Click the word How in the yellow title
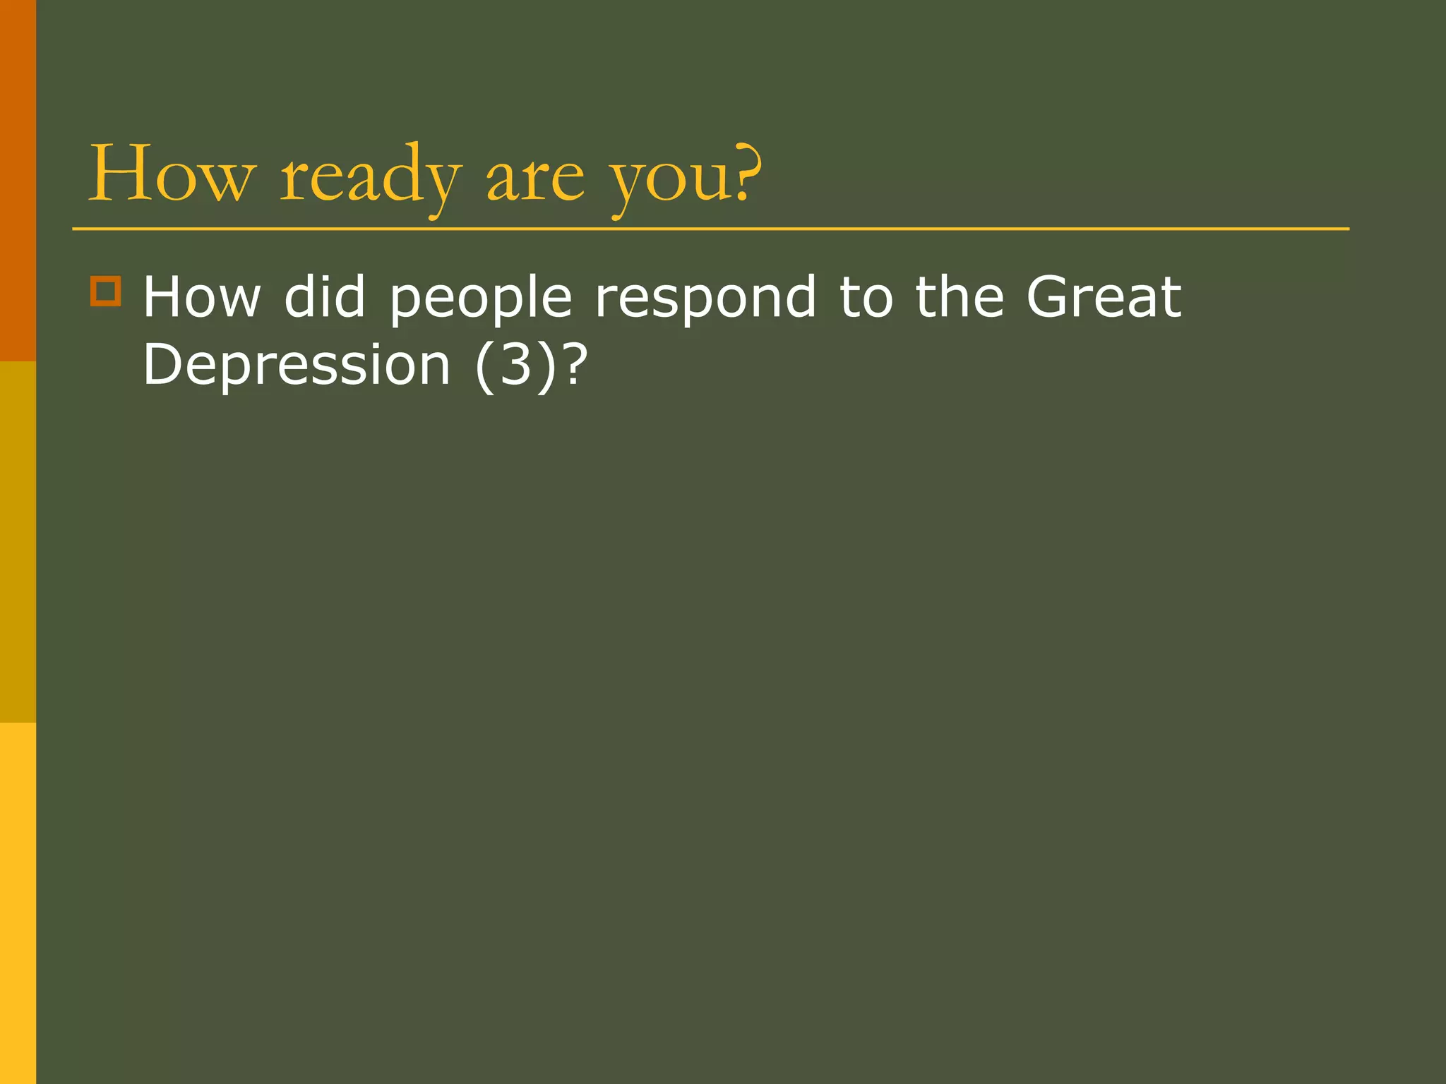(x=169, y=174)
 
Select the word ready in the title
(x=371, y=176)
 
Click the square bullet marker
(x=106, y=291)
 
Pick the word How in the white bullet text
(x=202, y=297)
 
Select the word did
(x=325, y=297)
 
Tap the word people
(x=481, y=300)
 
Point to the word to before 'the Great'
(x=866, y=297)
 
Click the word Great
(x=1104, y=297)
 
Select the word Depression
(x=297, y=366)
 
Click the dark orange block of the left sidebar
(x=18, y=181)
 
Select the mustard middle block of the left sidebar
(x=18, y=542)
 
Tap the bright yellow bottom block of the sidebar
(x=18, y=903)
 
